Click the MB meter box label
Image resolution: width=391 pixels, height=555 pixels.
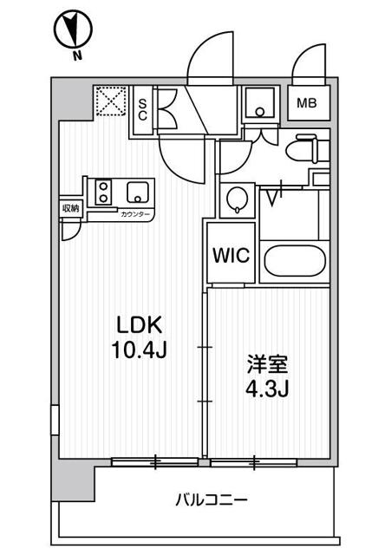308,103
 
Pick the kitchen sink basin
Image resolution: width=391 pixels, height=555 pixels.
137,192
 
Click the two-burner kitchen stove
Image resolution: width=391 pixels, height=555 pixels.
103,192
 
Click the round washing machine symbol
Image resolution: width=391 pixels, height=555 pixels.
236,200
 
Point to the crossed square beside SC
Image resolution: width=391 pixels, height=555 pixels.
109,101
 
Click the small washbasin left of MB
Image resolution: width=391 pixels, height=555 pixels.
258,104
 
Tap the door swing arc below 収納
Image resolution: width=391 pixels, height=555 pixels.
71,227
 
